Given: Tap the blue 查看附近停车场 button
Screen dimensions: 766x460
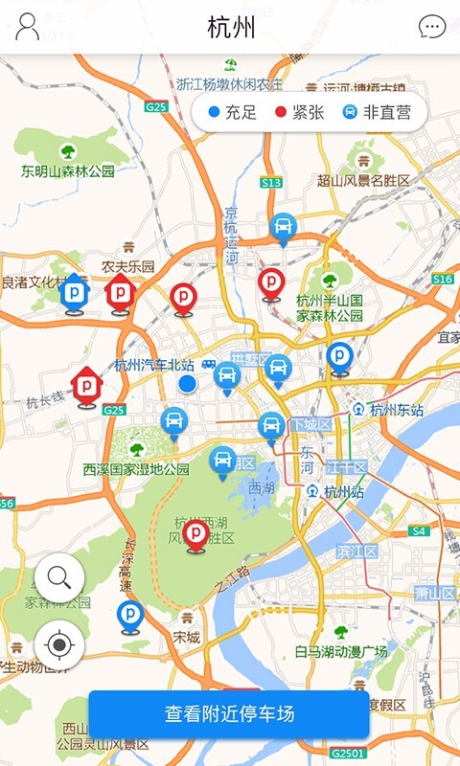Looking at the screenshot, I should coord(229,714).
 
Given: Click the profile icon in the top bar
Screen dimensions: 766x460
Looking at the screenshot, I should coord(28,27).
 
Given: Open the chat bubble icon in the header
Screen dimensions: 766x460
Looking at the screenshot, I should coord(432,27).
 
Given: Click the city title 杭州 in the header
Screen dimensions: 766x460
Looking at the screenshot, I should coord(231,27).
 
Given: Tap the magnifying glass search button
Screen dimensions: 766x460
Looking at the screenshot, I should coord(59,577).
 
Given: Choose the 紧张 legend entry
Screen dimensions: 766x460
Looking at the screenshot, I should coord(300,112).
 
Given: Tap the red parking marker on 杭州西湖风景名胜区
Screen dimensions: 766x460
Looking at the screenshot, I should coord(196,533).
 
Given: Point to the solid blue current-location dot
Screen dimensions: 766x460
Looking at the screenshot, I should coord(188,384).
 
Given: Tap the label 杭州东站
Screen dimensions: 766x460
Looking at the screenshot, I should coord(396,410).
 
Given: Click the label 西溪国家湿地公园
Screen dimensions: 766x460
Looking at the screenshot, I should coord(136,469).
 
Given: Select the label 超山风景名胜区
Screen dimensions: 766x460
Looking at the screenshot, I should coord(363,180).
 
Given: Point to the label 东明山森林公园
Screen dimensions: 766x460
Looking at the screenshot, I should coord(68,171).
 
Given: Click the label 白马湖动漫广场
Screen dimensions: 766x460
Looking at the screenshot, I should coord(341,652).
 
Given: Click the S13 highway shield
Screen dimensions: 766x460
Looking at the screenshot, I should coord(271,182).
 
